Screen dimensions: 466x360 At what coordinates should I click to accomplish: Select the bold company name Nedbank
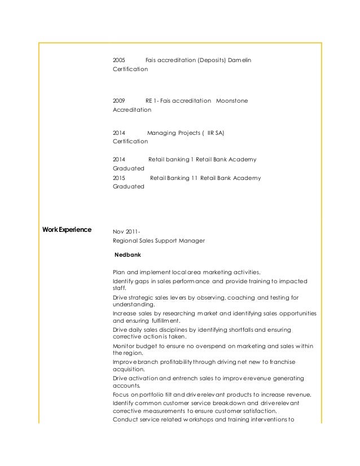coord(128,255)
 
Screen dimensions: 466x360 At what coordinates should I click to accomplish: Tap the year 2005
coord(119,59)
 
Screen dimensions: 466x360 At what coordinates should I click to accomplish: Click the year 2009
coord(119,101)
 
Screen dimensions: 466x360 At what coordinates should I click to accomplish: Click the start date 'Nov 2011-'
coord(127,231)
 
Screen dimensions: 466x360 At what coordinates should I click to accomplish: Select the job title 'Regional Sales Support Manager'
coord(159,241)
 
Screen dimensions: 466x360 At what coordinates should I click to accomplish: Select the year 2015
coord(119,178)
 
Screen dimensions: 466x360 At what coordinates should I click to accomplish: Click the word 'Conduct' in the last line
coord(125,420)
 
